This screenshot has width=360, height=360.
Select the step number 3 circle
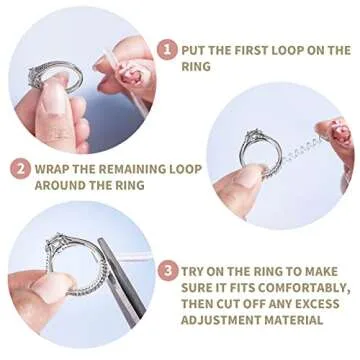point(169,270)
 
